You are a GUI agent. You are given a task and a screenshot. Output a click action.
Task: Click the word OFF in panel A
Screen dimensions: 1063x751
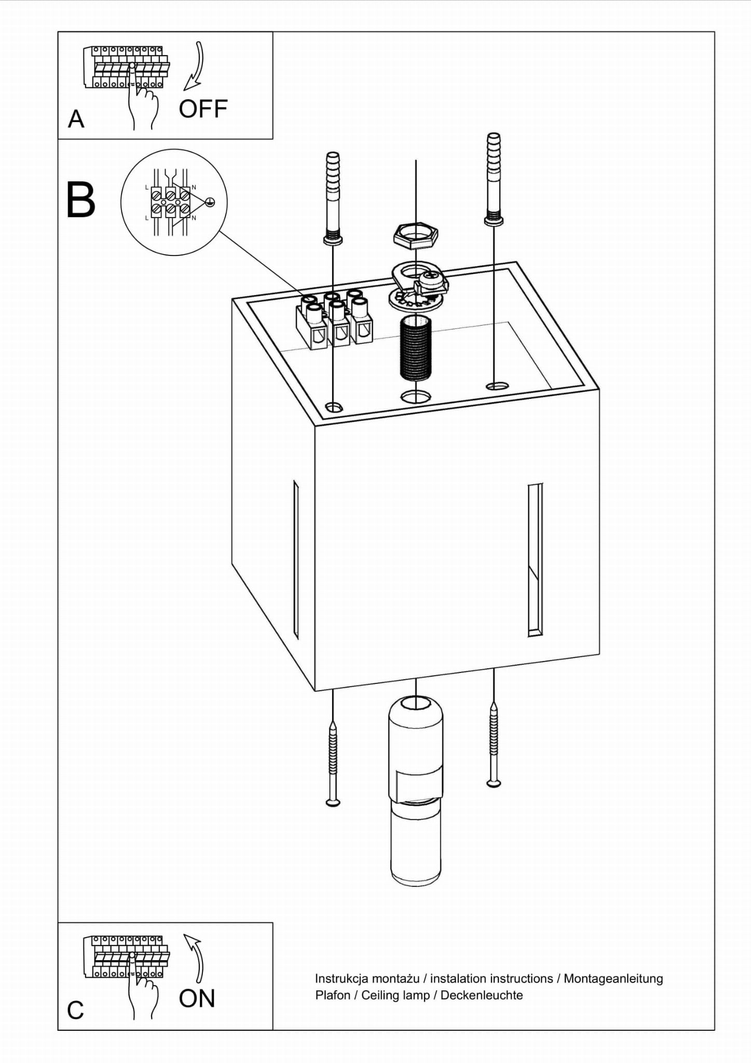coord(203,109)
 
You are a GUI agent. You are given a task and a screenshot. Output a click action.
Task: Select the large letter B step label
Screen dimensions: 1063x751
coord(81,200)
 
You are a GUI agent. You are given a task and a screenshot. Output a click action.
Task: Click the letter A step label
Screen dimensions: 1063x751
coord(76,119)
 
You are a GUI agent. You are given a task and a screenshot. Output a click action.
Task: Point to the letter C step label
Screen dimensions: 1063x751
coord(75,1011)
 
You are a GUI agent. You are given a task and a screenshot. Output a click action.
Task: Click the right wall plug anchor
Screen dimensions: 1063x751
coord(494,179)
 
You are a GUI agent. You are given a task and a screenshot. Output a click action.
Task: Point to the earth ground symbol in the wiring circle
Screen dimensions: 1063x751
coord(210,203)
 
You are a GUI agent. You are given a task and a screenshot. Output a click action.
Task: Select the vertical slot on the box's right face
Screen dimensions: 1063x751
coord(535,559)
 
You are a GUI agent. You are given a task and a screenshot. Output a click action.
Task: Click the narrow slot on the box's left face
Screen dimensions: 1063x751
coord(296,559)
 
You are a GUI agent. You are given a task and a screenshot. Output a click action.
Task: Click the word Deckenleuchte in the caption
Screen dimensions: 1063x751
coord(481,995)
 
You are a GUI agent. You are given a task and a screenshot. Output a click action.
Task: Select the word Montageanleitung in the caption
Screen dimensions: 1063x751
coord(613,978)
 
